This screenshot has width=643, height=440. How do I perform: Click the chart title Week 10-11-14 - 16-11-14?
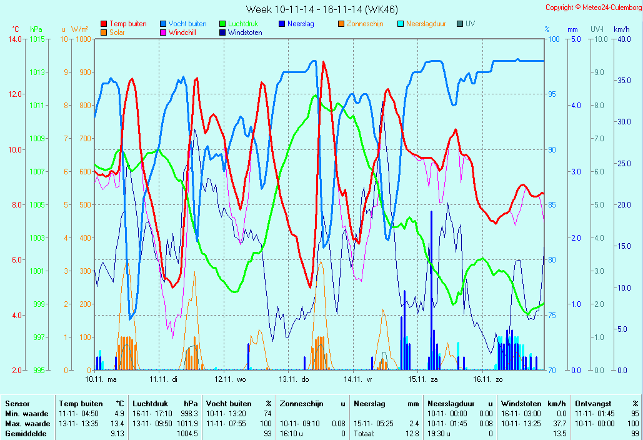[321, 9]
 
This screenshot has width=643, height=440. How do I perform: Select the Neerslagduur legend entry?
[426, 24]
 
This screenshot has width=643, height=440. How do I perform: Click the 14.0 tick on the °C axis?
[14, 39]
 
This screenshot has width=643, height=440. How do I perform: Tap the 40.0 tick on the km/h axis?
[622, 39]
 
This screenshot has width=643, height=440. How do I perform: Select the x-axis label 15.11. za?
[423, 379]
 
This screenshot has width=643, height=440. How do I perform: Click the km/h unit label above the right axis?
[621, 29]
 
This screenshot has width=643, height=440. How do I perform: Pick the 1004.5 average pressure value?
[187, 434]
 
